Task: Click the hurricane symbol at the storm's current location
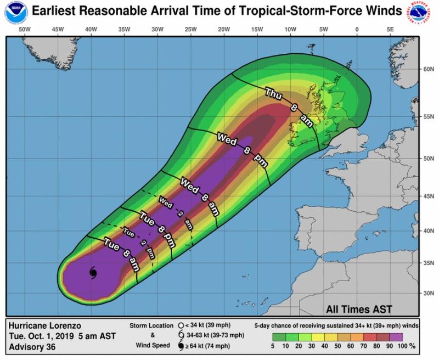[93, 272]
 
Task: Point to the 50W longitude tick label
[24, 29]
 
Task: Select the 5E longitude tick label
[390, 29]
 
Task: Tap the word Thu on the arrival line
[274, 94]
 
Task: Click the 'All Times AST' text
[359, 308]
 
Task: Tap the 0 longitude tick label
[357, 29]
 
